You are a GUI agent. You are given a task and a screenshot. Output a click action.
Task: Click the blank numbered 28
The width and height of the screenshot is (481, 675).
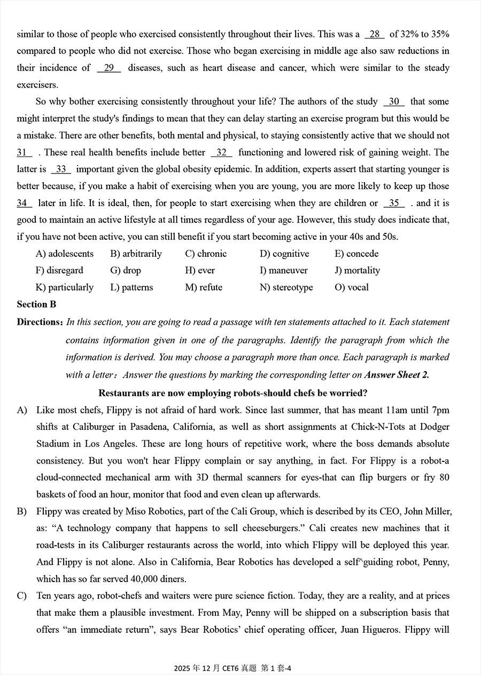tap(375, 34)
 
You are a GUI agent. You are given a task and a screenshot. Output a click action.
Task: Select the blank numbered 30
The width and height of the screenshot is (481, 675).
tap(394, 101)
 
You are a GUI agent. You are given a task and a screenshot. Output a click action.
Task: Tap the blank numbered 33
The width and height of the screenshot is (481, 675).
tap(61, 169)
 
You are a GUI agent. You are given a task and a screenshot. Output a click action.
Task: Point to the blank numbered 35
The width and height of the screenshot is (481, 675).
tap(394, 203)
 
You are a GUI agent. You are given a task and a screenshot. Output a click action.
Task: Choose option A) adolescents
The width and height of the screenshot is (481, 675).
tap(64, 254)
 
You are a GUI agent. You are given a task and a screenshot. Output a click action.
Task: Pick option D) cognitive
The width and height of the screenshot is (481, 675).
tap(284, 254)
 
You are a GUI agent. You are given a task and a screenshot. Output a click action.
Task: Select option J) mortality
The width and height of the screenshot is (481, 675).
tap(357, 270)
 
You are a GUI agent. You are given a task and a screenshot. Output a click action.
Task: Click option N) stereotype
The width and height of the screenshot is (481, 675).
tap(286, 287)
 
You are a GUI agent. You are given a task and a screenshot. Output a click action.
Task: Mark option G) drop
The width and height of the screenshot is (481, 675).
tap(126, 270)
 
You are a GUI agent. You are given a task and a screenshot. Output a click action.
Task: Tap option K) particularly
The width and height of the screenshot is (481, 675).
tap(64, 287)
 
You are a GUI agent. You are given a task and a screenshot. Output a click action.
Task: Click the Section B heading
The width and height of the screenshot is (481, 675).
tap(36, 304)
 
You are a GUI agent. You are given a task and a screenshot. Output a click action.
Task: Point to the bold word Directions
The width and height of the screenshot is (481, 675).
tap(40, 322)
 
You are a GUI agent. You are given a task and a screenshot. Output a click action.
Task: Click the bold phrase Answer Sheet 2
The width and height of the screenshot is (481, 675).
tap(397, 375)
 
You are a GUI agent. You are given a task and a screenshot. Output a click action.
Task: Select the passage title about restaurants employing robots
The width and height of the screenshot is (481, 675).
tap(233, 393)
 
